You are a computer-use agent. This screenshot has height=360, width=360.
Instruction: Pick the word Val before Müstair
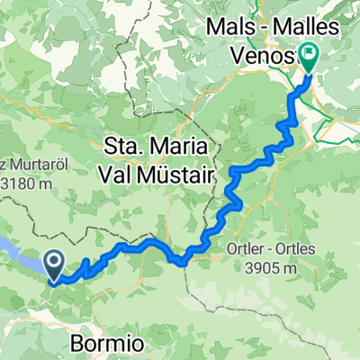124,171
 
